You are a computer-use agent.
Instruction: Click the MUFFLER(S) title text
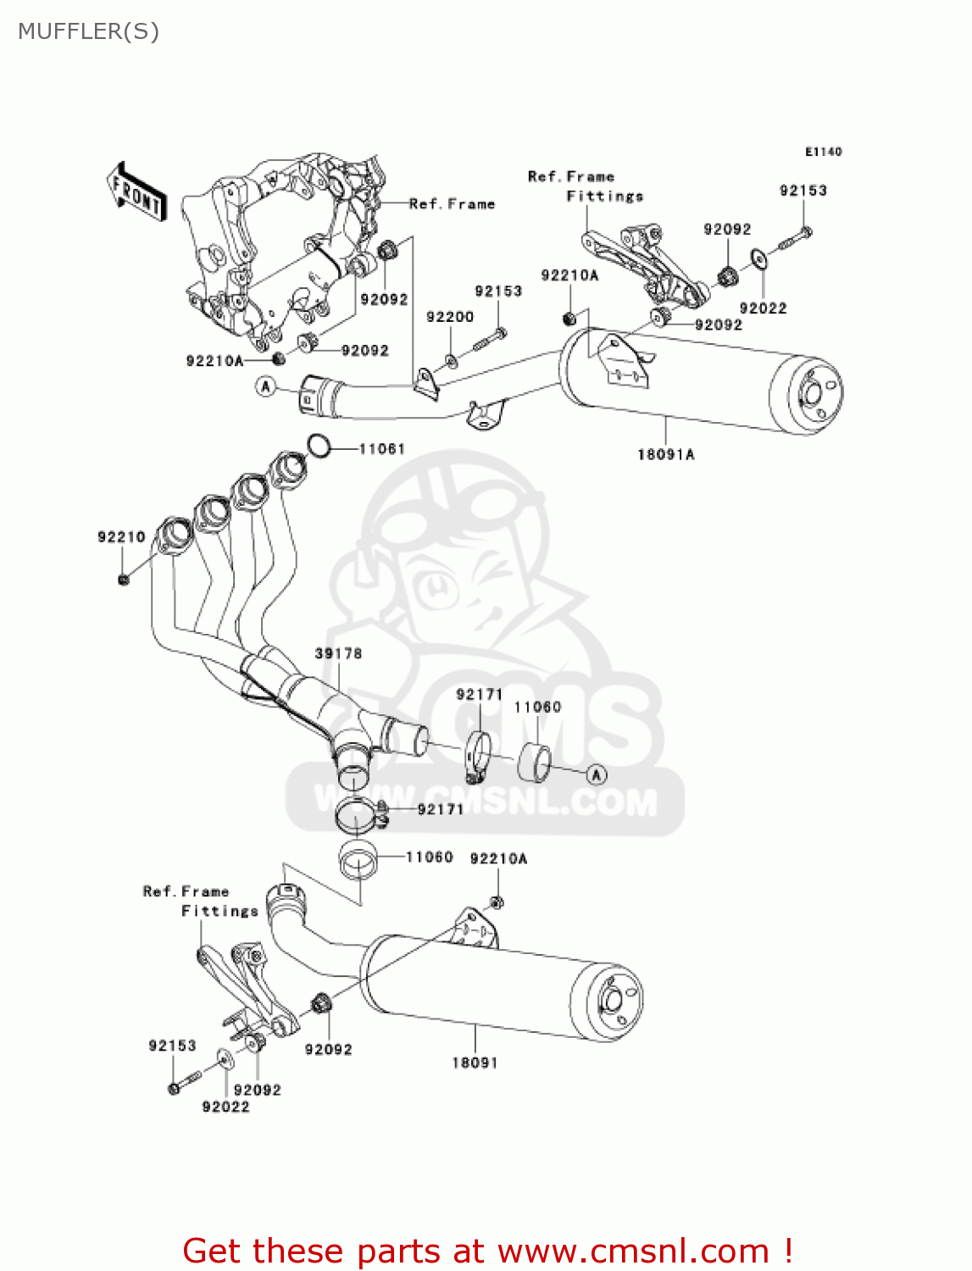point(88,31)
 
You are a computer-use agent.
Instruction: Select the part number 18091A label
point(665,455)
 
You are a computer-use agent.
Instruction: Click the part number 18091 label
point(475,1063)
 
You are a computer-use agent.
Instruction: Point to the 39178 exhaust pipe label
point(338,653)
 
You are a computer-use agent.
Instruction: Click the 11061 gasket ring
point(319,446)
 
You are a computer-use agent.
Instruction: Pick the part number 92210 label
point(121,537)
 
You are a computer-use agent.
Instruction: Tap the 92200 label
point(449,317)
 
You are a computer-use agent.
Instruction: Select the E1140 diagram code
point(823,152)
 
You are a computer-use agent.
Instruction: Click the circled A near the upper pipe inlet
point(267,386)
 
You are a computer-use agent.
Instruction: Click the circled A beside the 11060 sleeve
point(597,774)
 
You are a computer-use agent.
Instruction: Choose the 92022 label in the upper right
point(763,308)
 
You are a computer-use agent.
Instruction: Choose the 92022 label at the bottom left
point(225,1107)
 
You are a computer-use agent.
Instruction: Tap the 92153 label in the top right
point(803,191)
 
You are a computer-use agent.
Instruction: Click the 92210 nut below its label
point(123,579)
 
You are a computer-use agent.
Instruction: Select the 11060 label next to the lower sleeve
point(429,858)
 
